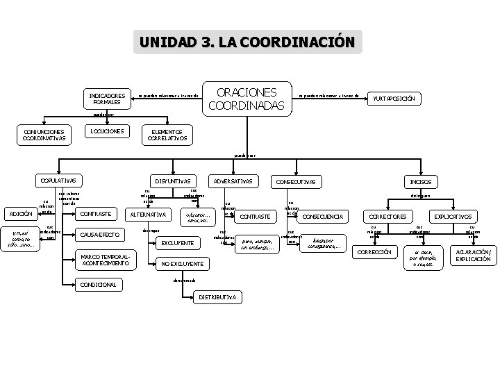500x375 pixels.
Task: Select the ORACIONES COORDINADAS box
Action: pyautogui.click(x=247, y=99)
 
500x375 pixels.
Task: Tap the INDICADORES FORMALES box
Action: pyautogui.click(x=107, y=99)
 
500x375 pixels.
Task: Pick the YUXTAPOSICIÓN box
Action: pyautogui.click(x=394, y=99)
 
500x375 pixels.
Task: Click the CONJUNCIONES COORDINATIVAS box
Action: pyautogui.click(x=43, y=135)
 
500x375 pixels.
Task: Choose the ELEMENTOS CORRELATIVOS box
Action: pyautogui.click(x=165, y=135)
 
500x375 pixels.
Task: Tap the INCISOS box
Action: pyautogui.click(x=422, y=181)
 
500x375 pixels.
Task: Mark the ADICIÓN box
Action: pyautogui.click(x=20, y=213)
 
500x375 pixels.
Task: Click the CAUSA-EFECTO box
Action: pyautogui.click(x=99, y=235)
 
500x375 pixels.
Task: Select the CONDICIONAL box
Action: pyautogui.click(x=99, y=285)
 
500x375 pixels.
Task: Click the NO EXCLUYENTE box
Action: pyautogui.click(x=182, y=264)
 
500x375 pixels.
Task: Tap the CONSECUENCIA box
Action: pyautogui.click(x=323, y=217)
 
